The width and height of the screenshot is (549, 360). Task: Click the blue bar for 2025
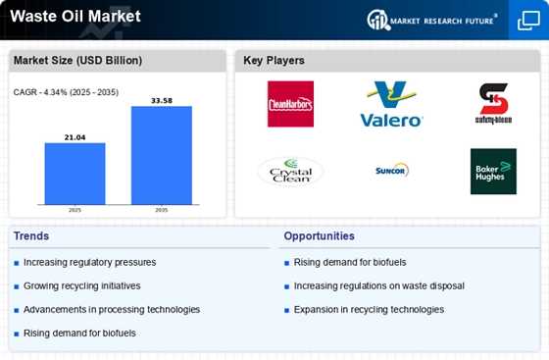[75, 174]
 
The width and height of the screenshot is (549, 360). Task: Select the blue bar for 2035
[162, 155]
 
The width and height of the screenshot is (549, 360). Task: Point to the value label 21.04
[75, 137]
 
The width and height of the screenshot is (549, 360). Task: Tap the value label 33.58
[162, 100]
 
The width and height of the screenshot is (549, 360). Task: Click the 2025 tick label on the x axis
[75, 210]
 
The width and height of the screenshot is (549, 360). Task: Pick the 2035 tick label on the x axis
[162, 210]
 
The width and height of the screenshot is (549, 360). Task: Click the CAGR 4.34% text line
[66, 92]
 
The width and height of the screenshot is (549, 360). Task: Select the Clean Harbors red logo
[290, 104]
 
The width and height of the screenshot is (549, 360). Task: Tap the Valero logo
[391, 104]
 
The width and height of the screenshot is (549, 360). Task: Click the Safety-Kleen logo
[493, 104]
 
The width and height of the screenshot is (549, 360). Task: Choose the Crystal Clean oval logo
[290, 172]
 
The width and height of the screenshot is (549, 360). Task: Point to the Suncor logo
[392, 171]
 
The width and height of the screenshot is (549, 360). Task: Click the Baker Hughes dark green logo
[493, 172]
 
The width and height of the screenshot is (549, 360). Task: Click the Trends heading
[31, 236]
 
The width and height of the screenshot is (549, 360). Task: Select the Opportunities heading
[319, 236]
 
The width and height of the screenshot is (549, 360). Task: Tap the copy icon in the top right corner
[528, 21]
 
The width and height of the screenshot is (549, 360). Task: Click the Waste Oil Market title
[75, 16]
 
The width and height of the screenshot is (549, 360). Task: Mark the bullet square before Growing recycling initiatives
[16, 286]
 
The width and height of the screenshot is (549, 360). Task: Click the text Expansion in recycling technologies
[369, 310]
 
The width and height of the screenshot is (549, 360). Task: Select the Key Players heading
[274, 60]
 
